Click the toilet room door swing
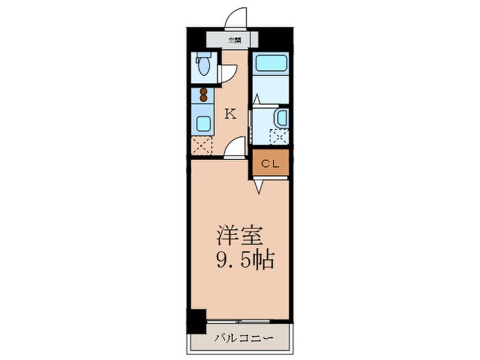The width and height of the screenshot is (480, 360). click(228, 73)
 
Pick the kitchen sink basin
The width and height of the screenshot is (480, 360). click(203, 122)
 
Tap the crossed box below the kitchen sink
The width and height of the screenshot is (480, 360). click(202, 146)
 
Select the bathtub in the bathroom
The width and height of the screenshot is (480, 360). click(270, 63)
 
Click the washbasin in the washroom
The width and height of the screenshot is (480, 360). click(281, 118)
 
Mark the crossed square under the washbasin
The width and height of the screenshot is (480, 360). click(279, 137)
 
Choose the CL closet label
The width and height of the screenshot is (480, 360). click(270, 164)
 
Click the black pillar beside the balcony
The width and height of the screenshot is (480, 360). click(197, 321)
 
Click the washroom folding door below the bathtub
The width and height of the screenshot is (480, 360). click(256, 100)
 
